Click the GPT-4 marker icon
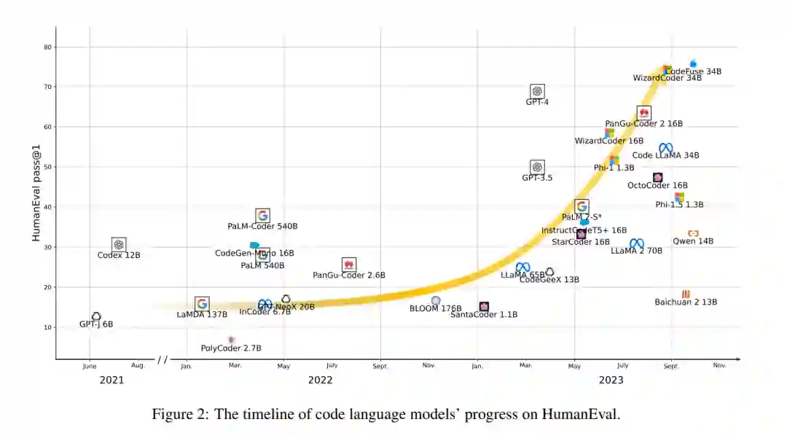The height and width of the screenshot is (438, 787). (x=537, y=91)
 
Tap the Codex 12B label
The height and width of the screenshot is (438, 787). (x=119, y=255)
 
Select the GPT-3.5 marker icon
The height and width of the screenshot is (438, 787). (x=537, y=167)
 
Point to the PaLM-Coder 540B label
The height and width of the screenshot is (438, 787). (x=262, y=227)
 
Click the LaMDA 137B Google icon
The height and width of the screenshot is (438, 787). (x=202, y=304)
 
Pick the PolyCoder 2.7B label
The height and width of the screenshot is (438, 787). (x=231, y=348)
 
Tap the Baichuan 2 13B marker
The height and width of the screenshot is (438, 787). (x=686, y=294)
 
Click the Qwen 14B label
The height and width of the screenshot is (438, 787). (x=693, y=241)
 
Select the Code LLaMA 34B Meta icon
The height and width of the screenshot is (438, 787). (x=666, y=148)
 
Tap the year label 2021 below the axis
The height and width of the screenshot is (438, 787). (x=111, y=380)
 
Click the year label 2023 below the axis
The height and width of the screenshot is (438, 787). (x=611, y=380)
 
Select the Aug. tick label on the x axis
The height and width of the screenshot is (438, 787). (x=138, y=365)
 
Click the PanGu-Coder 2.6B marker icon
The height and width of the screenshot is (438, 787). (x=349, y=265)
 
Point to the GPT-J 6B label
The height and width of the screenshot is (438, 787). (x=96, y=324)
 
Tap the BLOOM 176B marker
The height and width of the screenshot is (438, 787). (x=436, y=300)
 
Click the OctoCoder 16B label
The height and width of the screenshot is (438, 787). (x=657, y=186)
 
